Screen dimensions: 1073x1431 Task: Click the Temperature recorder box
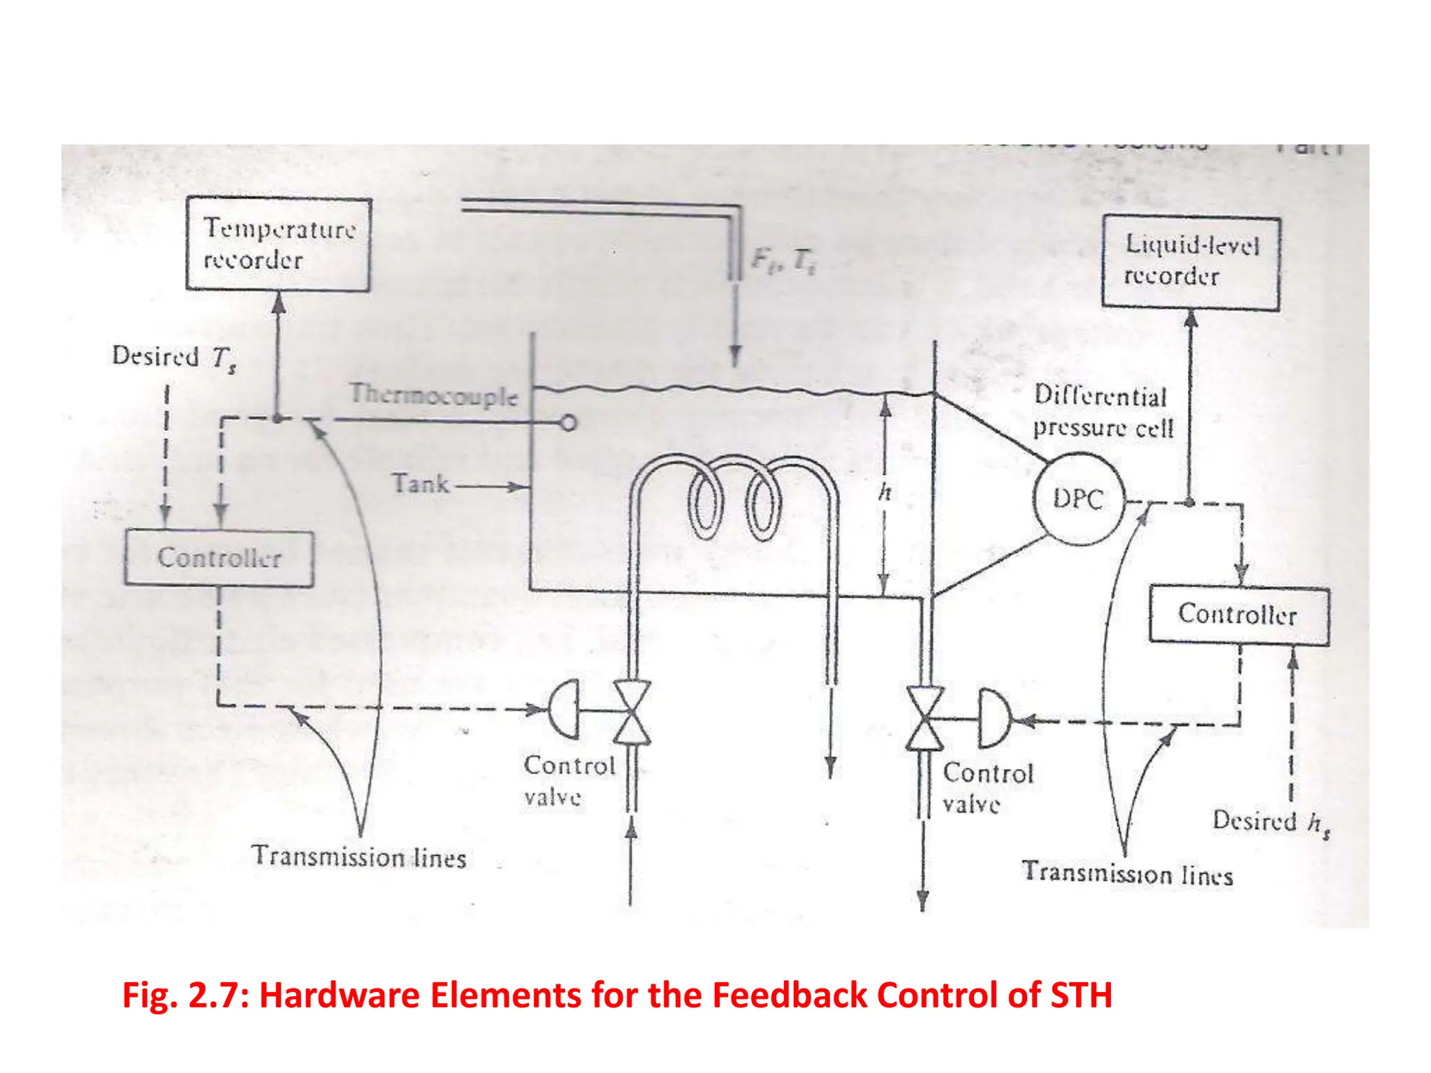point(278,244)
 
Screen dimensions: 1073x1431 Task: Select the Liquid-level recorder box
point(1191,262)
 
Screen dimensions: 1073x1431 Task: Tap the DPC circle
point(1079,499)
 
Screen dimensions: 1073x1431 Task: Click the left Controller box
point(219,558)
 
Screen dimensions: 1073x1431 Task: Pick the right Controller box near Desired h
point(1238,615)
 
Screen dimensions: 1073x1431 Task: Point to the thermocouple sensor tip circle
point(569,423)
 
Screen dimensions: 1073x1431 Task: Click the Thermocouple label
point(433,395)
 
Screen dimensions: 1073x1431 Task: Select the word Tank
point(420,483)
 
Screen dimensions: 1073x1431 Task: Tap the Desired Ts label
point(174,357)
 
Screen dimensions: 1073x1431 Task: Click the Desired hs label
point(1270,822)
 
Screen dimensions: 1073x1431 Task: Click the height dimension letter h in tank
point(885,492)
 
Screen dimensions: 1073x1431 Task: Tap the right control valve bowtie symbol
point(924,718)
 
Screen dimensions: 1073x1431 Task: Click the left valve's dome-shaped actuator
point(565,709)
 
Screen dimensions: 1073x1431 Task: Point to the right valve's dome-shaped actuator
point(993,718)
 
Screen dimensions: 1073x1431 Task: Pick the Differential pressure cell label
point(1102,411)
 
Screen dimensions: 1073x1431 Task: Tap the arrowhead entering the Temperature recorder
point(278,302)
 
